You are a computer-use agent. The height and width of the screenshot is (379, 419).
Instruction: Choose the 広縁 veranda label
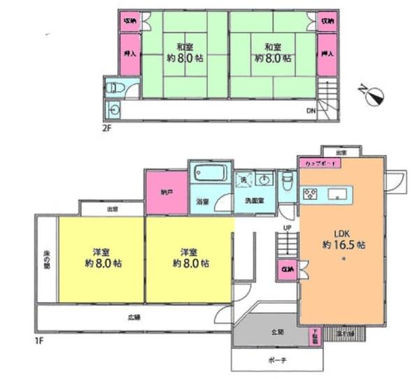[133, 318]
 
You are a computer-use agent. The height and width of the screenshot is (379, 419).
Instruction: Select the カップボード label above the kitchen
[319, 162]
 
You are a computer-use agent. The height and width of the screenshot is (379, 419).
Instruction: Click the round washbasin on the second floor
[114, 110]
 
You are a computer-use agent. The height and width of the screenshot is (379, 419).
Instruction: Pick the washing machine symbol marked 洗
[242, 179]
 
